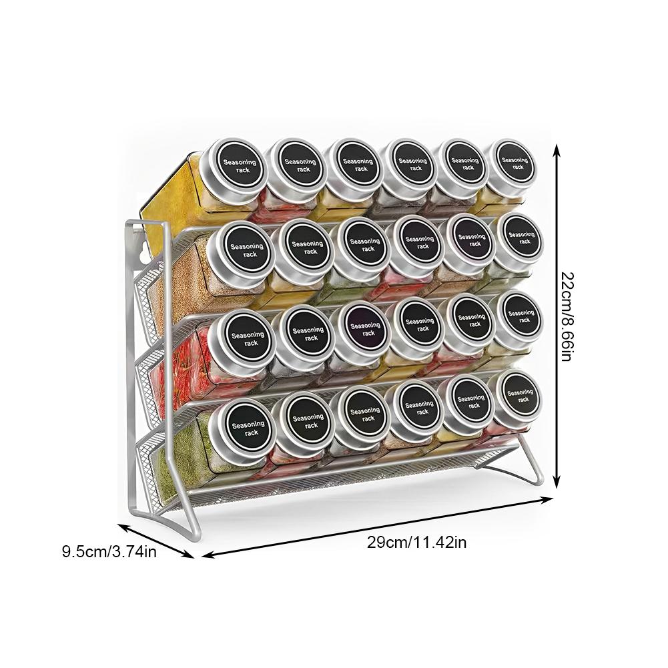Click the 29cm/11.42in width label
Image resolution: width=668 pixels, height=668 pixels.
416,542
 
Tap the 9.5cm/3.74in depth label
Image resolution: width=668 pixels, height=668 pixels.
109,551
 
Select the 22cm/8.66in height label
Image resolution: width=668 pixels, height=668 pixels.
566,317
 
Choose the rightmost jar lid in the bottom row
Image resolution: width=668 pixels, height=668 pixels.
519,396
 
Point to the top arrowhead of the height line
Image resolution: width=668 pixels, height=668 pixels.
557,154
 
